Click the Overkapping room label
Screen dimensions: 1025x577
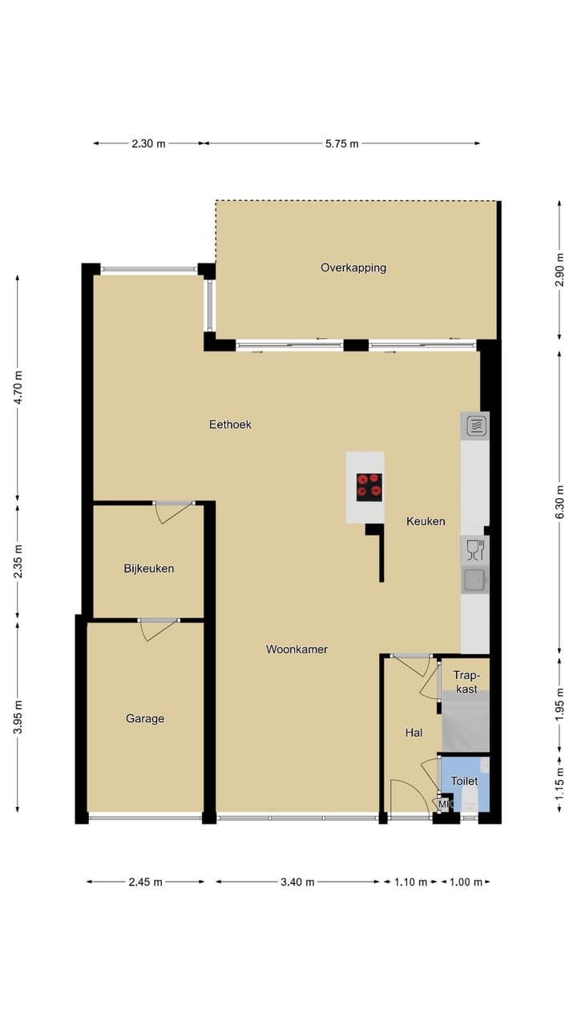[353, 267]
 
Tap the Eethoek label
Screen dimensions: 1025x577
[231, 424]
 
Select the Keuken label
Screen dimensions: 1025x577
[426, 521]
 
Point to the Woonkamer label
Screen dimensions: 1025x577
[297, 649]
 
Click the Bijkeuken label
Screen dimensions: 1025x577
[148, 569]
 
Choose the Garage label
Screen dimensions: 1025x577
[145, 718]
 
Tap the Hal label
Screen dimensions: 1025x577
[414, 732]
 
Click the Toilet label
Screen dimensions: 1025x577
[464, 781]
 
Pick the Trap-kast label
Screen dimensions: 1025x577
[466, 681]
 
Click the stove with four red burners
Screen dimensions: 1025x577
[369, 487]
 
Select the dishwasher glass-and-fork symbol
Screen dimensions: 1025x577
[474, 550]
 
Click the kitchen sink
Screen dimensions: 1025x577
[474, 580]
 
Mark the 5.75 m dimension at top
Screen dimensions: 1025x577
[342, 143]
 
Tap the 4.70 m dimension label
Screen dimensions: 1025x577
[18, 387]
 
